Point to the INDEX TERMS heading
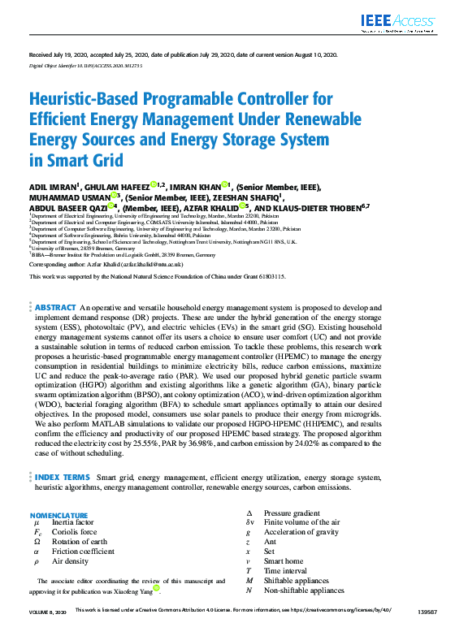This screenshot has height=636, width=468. coord(63,478)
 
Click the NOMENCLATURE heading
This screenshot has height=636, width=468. coord(59,516)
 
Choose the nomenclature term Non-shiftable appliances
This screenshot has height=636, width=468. coord(304,591)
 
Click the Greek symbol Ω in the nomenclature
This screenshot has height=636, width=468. coord(37,542)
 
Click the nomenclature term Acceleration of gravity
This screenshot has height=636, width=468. coord(301,532)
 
